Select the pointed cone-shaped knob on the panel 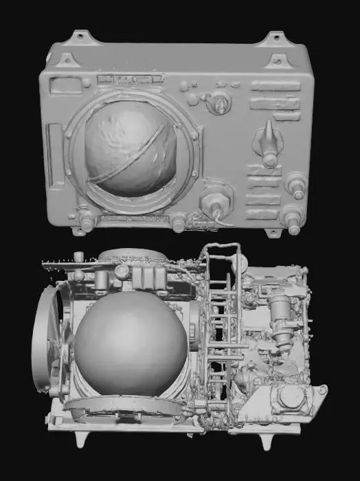tap(269, 141)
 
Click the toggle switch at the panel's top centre tap(220, 103)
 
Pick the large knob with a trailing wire tap(213, 203)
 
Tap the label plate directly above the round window tap(125, 81)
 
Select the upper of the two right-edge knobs tap(297, 184)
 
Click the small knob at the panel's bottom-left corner tap(87, 221)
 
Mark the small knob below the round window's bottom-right tap(179, 221)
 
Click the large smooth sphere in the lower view tap(131, 344)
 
